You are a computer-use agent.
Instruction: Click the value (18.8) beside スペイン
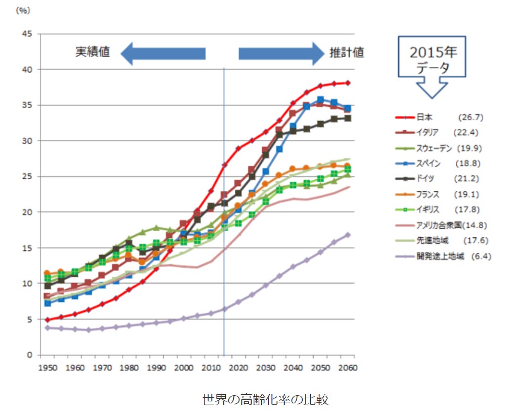coord(468,163)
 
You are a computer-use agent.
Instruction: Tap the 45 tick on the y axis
coord(28,34)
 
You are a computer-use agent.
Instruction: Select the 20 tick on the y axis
coord(28,212)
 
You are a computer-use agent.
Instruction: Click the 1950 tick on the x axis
coord(47,368)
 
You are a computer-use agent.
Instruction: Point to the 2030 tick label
coord(266,368)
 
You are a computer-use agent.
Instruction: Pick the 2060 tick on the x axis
coord(348,368)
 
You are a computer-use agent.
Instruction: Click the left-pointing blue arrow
coord(163,54)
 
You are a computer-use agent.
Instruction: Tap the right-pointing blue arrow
coord(281,54)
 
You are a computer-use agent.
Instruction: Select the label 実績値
coord(92,52)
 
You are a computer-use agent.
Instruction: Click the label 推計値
coord(347,53)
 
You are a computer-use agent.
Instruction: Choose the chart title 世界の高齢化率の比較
coord(265,399)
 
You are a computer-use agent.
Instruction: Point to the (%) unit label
coord(23,11)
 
